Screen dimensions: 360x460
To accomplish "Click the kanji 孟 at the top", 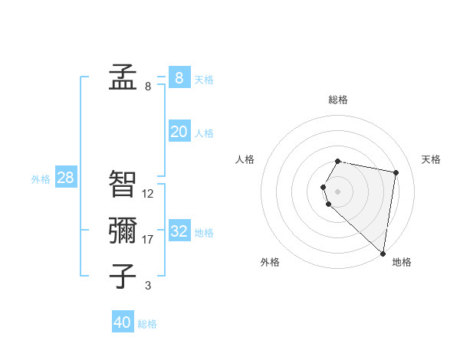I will pyautogui.click(x=123, y=77).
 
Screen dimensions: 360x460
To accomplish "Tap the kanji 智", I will pyautogui.click(x=123, y=184).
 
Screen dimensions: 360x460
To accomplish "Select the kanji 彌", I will pyautogui.click(x=123, y=231).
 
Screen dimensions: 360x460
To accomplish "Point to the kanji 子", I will pyautogui.click(x=123, y=276).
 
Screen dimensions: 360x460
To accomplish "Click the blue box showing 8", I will pyautogui.click(x=179, y=77).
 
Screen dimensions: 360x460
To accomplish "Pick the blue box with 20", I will pyautogui.click(x=179, y=132).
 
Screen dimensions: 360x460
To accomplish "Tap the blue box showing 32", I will pyautogui.click(x=179, y=231).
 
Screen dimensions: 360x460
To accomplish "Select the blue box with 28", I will pyautogui.click(x=65, y=178).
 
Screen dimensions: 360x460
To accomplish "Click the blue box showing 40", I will pyautogui.click(x=123, y=322).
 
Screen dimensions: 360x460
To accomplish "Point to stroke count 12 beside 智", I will pyautogui.click(x=148, y=194).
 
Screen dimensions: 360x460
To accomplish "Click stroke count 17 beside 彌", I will pyautogui.click(x=148, y=240).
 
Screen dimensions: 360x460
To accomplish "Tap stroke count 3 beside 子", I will pyautogui.click(x=148, y=286).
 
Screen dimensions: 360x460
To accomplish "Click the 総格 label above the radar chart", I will pyautogui.click(x=338, y=100).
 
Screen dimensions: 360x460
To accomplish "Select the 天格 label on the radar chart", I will pyautogui.click(x=431, y=159).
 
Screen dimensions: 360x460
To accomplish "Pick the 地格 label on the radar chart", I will pyautogui.click(x=402, y=262).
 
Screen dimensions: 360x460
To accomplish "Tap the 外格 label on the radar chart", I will pyautogui.click(x=270, y=262).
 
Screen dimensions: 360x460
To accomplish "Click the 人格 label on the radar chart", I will pyautogui.click(x=245, y=159).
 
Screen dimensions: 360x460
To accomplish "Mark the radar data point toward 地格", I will pyautogui.click(x=383, y=253).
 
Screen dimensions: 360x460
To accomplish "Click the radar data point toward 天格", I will pyautogui.click(x=396, y=173).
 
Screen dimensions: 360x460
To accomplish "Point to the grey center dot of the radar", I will pyautogui.click(x=338, y=191).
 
